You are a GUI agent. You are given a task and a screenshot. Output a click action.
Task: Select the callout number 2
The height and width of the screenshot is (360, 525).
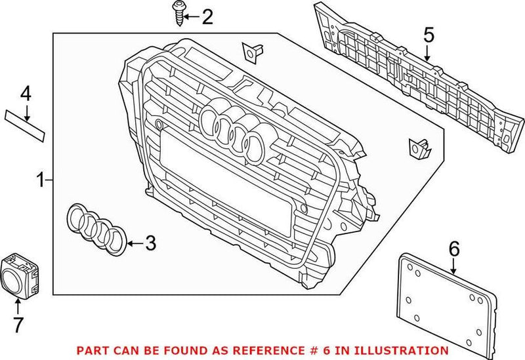click(x=207, y=16)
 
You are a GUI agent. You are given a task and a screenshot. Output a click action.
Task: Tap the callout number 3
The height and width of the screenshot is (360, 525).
click(x=150, y=244)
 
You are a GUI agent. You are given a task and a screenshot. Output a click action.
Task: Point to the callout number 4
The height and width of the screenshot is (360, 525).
click(x=25, y=94)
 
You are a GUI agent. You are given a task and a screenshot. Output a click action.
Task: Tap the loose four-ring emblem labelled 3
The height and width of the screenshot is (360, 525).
click(x=97, y=228)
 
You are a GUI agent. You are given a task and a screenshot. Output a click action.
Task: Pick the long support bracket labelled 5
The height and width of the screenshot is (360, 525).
click(x=420, y=84)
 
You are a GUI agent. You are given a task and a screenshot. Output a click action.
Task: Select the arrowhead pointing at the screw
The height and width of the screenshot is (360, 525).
click(x=186, y=16)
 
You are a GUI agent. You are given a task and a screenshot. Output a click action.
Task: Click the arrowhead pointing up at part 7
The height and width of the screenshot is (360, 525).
click(x=17, y=301)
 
